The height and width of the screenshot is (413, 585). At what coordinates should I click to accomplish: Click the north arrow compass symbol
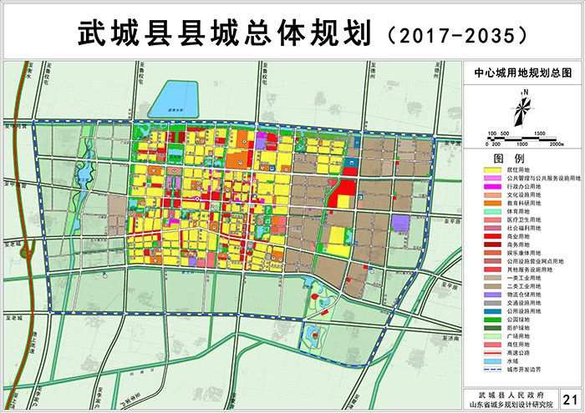[521, 109]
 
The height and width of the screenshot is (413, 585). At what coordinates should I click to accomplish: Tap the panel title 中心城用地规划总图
[522, 73]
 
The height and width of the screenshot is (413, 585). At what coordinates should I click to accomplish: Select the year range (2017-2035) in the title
[456, 33]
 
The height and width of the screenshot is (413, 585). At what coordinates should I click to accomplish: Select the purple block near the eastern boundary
[402, 223]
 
